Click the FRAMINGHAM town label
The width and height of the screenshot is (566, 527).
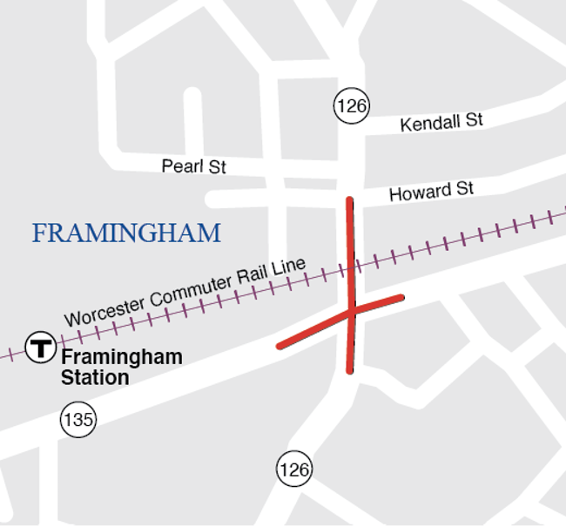point(126,233)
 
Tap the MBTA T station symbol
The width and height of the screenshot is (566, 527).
point(40,347)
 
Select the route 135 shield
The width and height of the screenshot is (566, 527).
point(77,420)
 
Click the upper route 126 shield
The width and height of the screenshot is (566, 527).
point(351,106)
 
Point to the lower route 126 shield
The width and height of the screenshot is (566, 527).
point(294,470)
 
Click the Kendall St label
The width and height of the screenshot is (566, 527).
point(441,122)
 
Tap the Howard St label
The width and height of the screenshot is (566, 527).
point(431,191)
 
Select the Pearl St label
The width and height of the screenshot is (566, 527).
point(193,166)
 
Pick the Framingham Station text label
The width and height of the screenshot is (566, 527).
point(121,367)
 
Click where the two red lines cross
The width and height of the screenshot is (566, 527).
point(351,310)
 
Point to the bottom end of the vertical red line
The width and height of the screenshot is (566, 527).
point(350,370)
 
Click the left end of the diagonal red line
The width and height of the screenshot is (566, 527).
point(280,347)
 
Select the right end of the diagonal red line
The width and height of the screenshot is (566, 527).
point(401,298)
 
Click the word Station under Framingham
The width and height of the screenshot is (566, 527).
point(95,378)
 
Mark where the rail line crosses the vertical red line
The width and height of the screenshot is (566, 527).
point(351,267)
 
